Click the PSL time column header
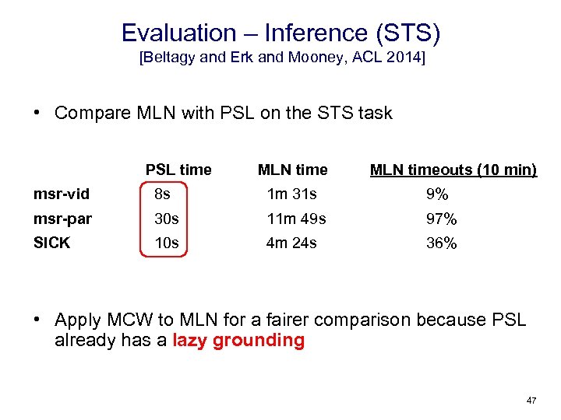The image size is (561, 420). (178, 170)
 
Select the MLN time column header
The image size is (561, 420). (292, 170)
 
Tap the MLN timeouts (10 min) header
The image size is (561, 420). (453, 170)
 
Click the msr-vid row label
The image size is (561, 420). (62, 194)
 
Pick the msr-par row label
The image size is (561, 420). (62, 219)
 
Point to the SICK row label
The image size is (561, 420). (52, 243)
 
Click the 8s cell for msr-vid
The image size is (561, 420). (162, 194)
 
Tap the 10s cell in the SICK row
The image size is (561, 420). (167, 243)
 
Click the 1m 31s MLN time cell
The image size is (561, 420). (291, 194)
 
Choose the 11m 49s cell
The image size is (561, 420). (296, 219)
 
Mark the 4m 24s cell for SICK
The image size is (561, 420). (291, 243)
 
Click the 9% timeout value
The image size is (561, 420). (436, 194)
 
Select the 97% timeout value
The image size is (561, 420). (441, 219)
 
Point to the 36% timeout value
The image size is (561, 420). (441, 243)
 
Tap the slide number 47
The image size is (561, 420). (531, 401)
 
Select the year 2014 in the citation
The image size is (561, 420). (406, 58)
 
